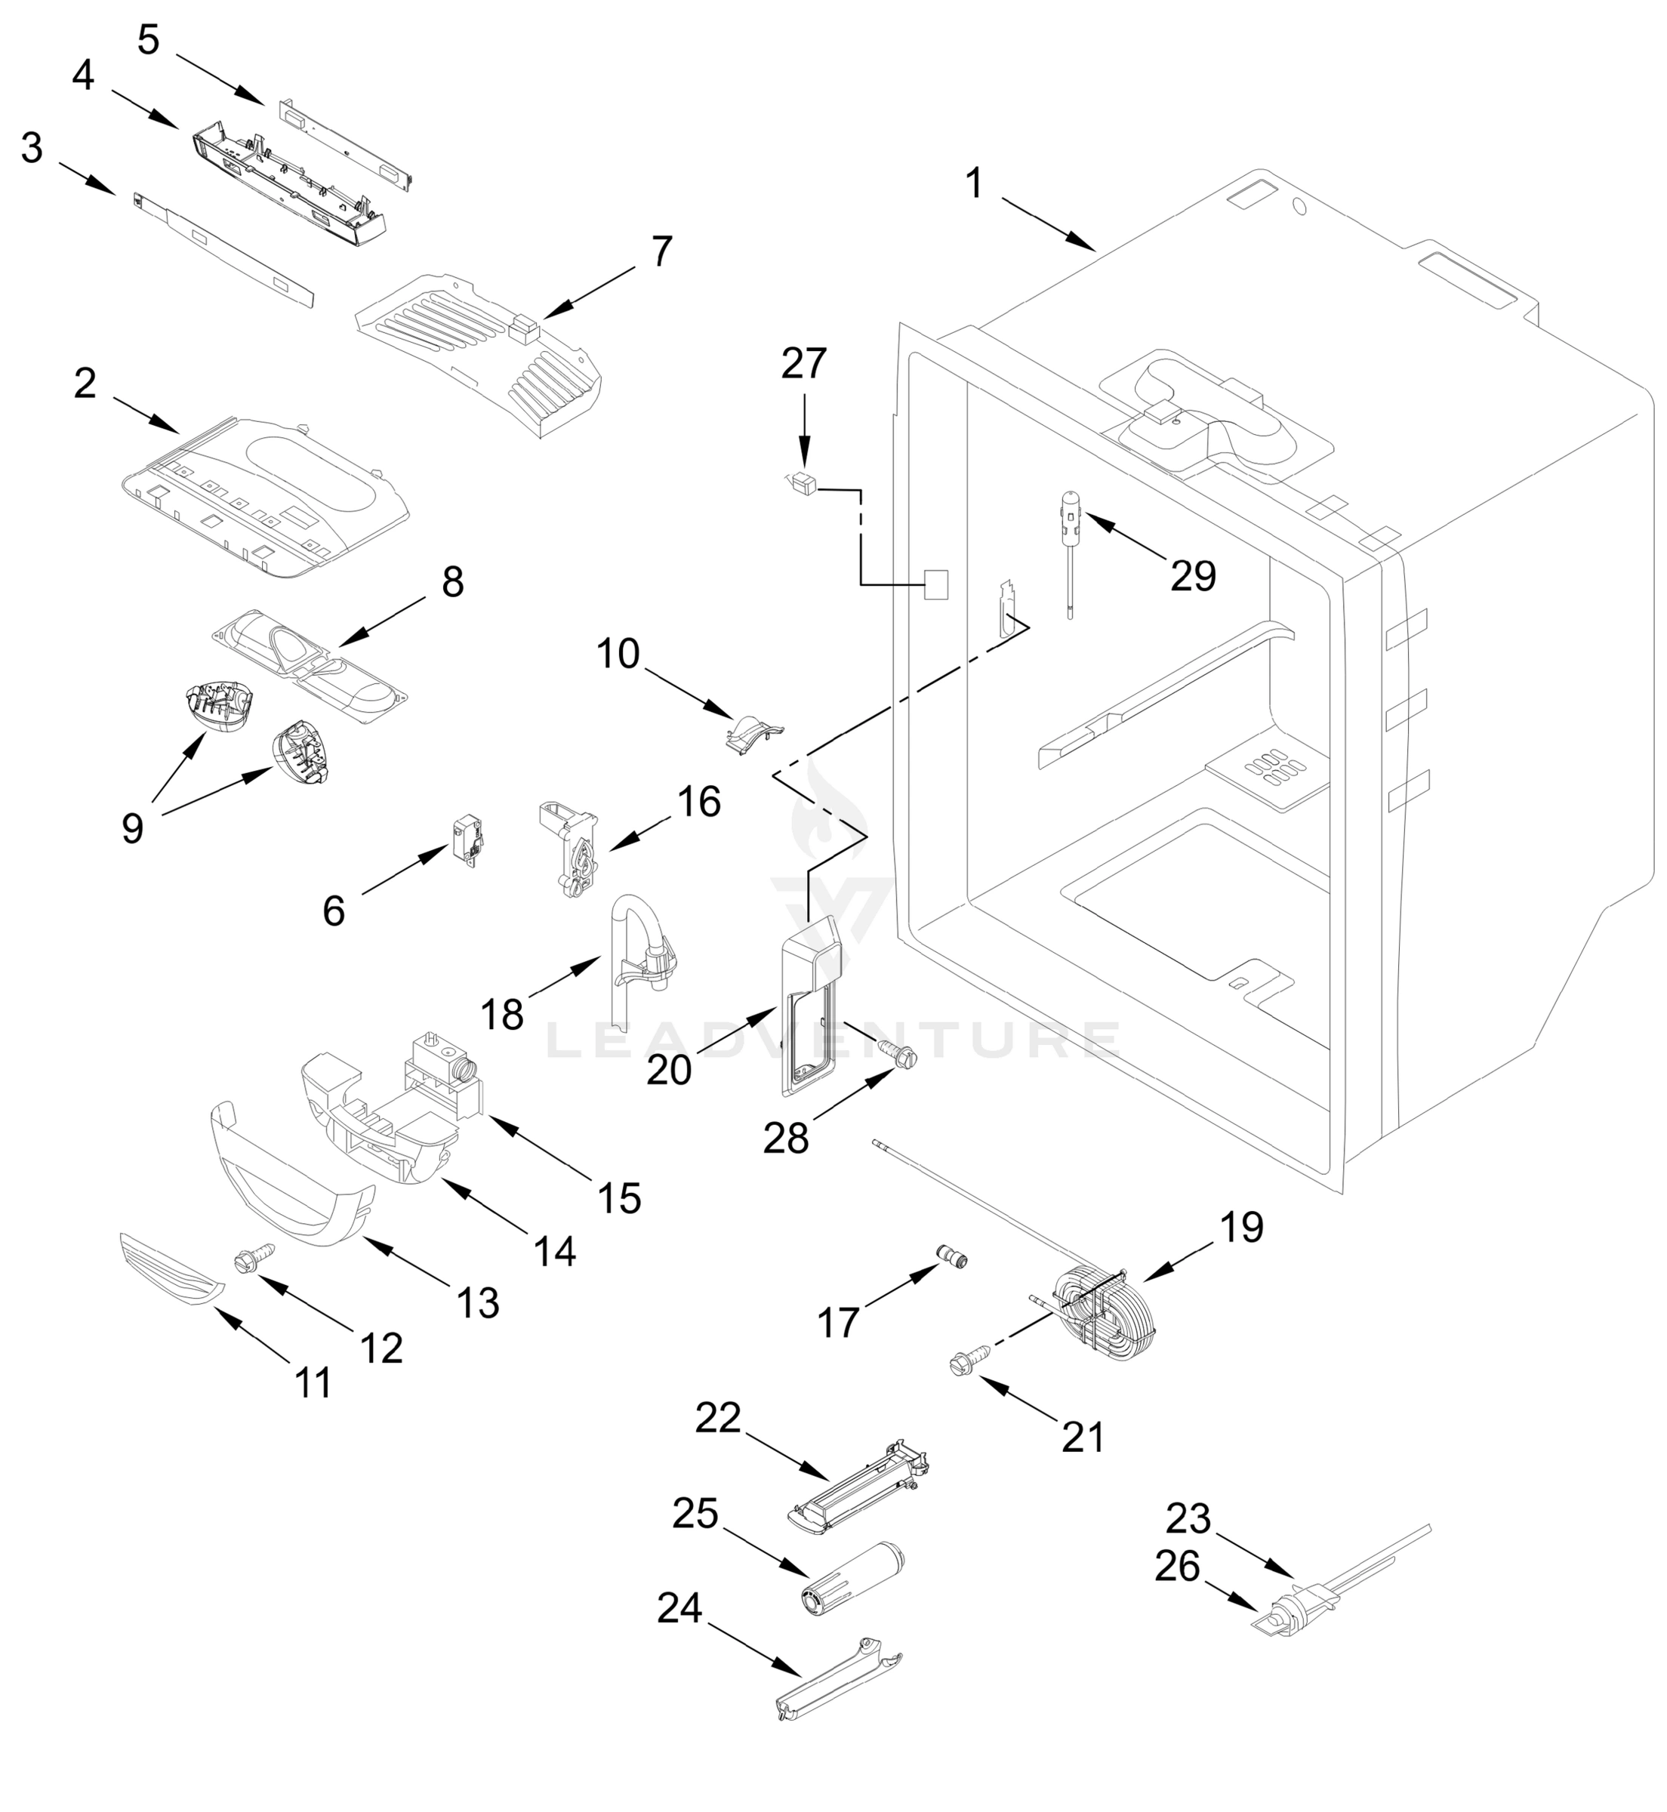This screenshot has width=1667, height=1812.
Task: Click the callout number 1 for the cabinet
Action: pyautogui.click(x=973, y=183)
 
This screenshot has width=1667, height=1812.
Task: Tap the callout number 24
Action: pyautogui.click(x=679, y=1607)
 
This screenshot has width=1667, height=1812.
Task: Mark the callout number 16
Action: pyautogui.click(x=699, y=801)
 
